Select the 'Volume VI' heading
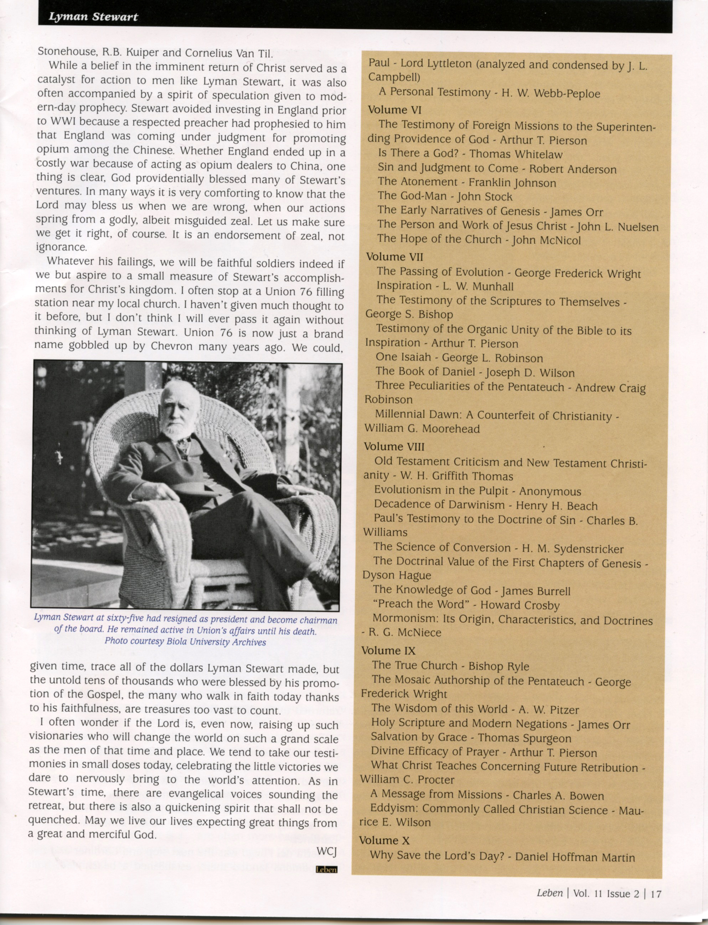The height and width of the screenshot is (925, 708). click(x=394, y=110)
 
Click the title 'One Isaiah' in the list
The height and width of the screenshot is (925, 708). click(x=403, y=357)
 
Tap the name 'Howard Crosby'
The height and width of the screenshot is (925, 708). click(x=520, y=606)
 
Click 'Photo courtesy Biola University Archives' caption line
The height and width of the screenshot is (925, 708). click(x=185, y=642)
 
